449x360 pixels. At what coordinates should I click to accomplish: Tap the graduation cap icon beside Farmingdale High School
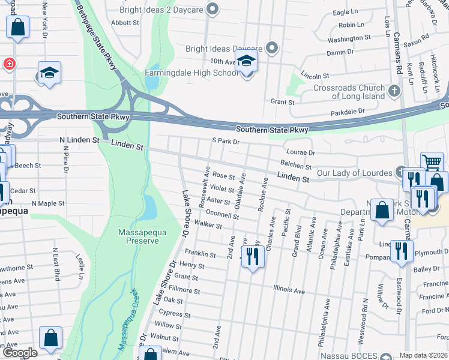246,62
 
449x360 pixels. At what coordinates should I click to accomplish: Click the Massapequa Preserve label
139,236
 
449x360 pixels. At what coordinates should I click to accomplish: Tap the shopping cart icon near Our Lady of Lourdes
432,162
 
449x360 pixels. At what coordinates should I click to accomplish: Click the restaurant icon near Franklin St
253,257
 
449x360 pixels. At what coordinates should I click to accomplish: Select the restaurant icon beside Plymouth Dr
401,250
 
